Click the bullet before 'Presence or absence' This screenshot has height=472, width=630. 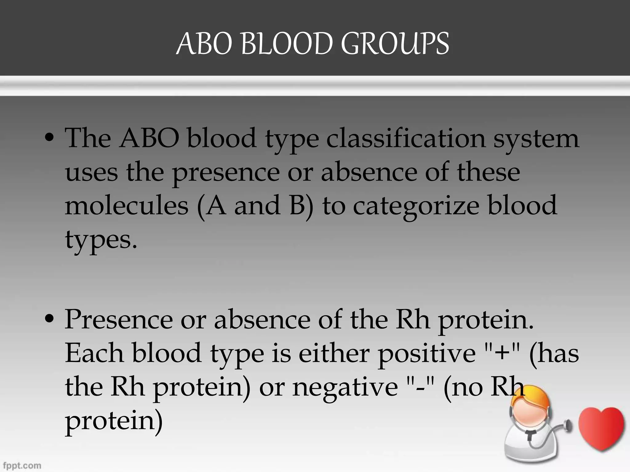[49, 320]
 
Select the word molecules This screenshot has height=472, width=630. [126, 205]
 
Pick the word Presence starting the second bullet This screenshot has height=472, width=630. [119, 320]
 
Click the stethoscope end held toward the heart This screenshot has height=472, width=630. [568, 426]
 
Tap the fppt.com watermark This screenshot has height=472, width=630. [22, 466]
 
